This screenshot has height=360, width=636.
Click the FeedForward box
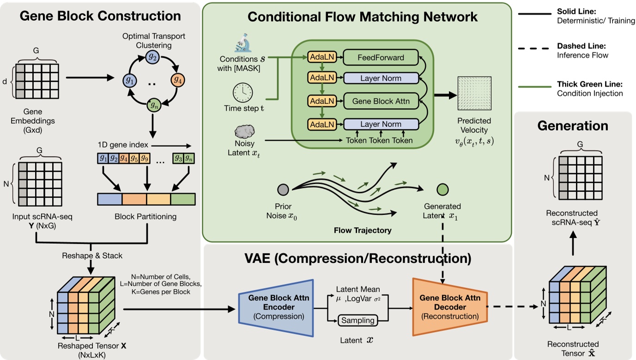pos(381,58)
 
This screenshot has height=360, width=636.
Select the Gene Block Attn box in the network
pos(381,101)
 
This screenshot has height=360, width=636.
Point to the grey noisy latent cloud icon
pos(243,132)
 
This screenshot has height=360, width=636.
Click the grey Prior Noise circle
pos(283,189)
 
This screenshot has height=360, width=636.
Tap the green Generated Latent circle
pos(442,189)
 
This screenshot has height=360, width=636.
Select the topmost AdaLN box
pos(320,58)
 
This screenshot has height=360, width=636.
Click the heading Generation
pos(573,126)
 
